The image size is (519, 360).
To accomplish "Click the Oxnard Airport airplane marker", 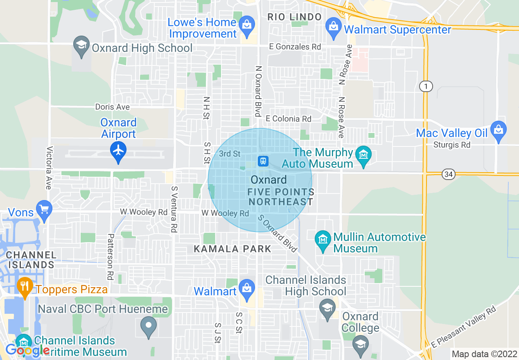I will click(118, 151).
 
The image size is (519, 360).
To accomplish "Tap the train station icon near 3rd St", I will click(263, 161).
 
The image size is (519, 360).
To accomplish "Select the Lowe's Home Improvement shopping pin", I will click(246, 24).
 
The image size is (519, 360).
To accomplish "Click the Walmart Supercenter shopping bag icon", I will click(334, 27).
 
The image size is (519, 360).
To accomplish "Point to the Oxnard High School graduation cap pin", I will click(81, 44).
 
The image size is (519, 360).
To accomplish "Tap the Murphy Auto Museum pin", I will click(363, 155).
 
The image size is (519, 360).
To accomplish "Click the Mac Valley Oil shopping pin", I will click(498, 130).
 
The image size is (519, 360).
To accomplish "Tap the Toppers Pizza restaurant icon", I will click(25, 286).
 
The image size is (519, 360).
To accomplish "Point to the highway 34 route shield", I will click(449, 175).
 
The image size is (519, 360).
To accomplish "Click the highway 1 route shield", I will click(426, 86).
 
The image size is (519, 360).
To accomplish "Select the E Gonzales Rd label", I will click(295, 47).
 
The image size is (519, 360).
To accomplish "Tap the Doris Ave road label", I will click(112, 107).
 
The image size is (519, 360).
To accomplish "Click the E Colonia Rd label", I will click(288, 119).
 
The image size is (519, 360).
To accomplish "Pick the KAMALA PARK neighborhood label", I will click(232, 249).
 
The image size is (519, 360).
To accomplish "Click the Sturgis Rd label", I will click(452, 144).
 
